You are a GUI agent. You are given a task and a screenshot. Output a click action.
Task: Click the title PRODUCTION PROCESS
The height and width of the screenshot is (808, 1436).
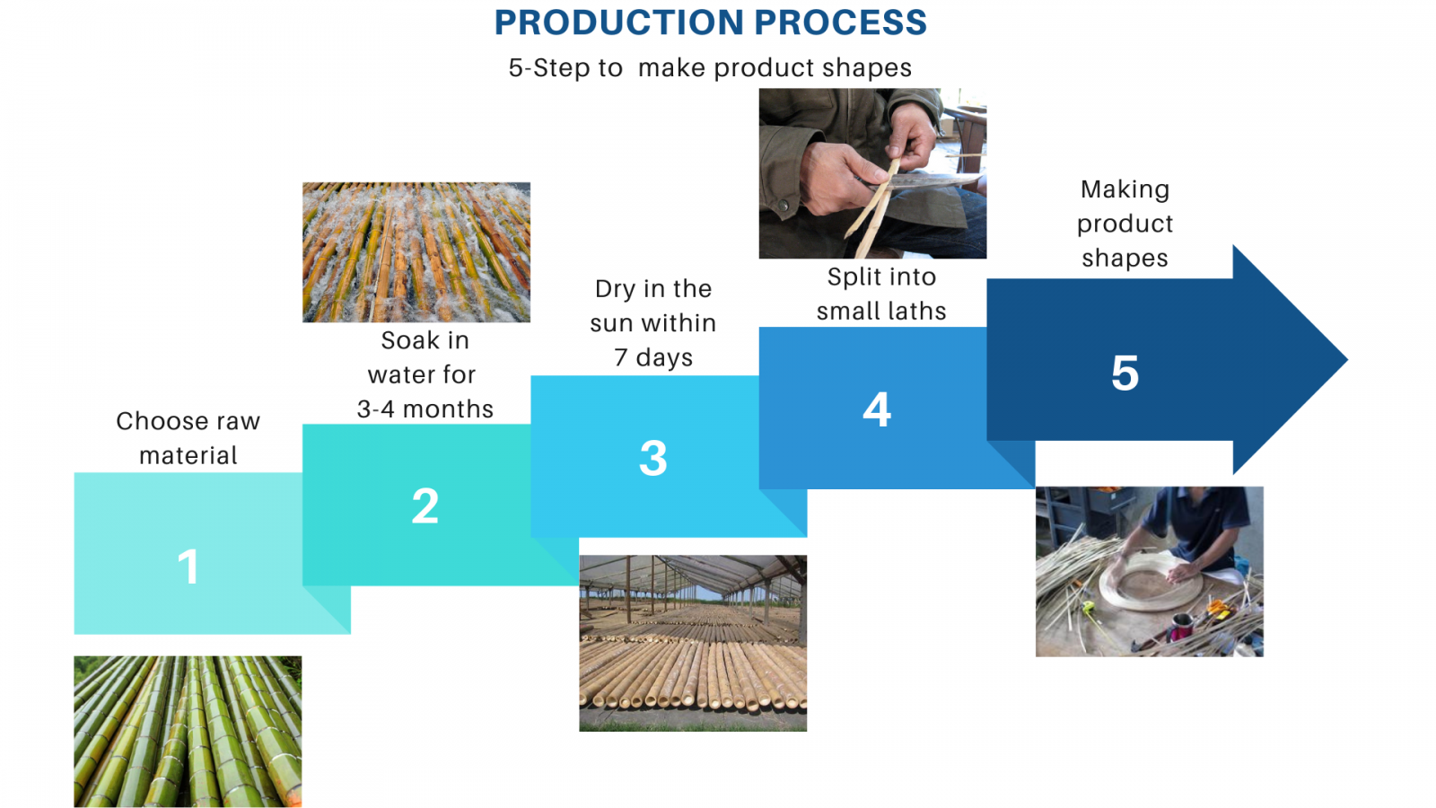point(710,22)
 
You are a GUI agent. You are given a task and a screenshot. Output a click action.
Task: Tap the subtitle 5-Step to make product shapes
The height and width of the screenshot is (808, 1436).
point(710,67)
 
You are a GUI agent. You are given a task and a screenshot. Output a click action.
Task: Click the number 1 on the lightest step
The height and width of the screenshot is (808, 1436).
point(188,566)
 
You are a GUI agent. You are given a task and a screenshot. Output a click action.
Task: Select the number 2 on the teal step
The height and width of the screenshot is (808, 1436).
point(425,506)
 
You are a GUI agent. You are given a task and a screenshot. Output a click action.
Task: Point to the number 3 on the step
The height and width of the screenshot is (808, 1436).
point(653,458)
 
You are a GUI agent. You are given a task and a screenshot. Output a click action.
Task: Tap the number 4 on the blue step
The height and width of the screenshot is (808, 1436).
point(876,409)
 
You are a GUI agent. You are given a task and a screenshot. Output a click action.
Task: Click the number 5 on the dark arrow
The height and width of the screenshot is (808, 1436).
point(1125,373)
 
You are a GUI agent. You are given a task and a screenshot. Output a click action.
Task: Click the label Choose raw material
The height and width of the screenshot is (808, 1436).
point(188,438)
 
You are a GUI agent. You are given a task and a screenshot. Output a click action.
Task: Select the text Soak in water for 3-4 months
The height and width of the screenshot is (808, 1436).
point(425,374)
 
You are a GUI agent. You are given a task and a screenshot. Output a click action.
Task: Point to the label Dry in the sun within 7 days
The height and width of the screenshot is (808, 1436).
point(653,323)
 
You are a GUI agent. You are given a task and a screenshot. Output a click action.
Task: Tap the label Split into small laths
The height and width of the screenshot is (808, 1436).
point(880,294)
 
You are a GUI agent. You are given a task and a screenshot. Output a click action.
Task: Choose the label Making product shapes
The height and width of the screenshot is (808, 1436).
point(1125,224)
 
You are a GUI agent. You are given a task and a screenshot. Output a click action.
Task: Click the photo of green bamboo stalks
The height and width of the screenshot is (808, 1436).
point(188,732)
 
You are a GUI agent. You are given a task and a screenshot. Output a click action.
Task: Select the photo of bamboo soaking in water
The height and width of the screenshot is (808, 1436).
point(416,252)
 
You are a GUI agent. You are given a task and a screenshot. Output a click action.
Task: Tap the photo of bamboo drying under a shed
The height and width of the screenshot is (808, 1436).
point(693,643)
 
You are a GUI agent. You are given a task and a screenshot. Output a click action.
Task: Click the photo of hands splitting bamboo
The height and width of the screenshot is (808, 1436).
point(872,174)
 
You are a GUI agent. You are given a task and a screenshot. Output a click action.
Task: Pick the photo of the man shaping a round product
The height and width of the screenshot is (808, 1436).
point(1150,571)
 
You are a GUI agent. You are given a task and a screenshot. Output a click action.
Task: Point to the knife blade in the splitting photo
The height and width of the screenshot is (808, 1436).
point(924,181)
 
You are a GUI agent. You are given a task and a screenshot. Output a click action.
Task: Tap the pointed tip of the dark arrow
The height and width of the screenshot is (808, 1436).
point(1347,360)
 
